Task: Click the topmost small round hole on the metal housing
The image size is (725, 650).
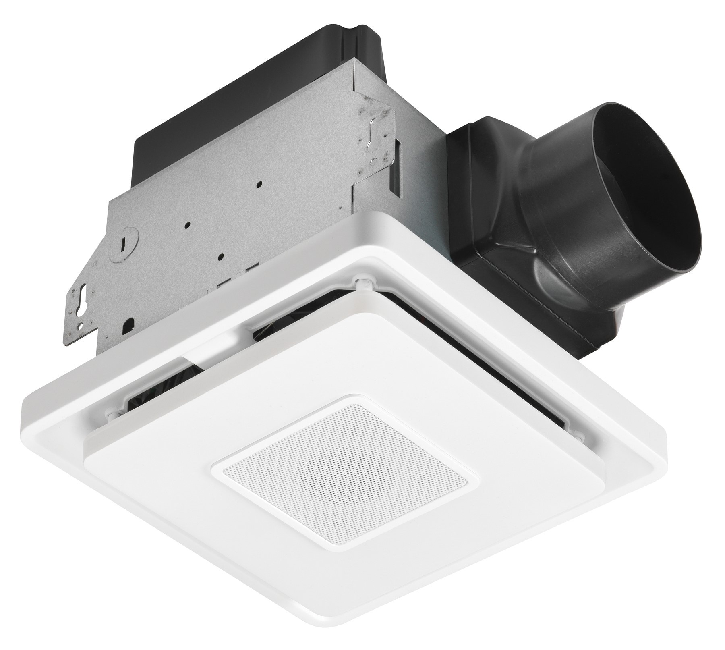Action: [x=259, y=184]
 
